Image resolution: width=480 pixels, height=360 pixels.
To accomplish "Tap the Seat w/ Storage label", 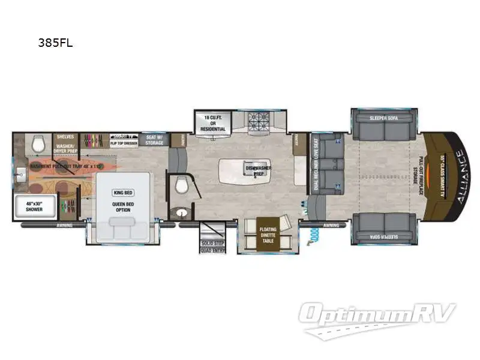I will pos(155,140).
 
